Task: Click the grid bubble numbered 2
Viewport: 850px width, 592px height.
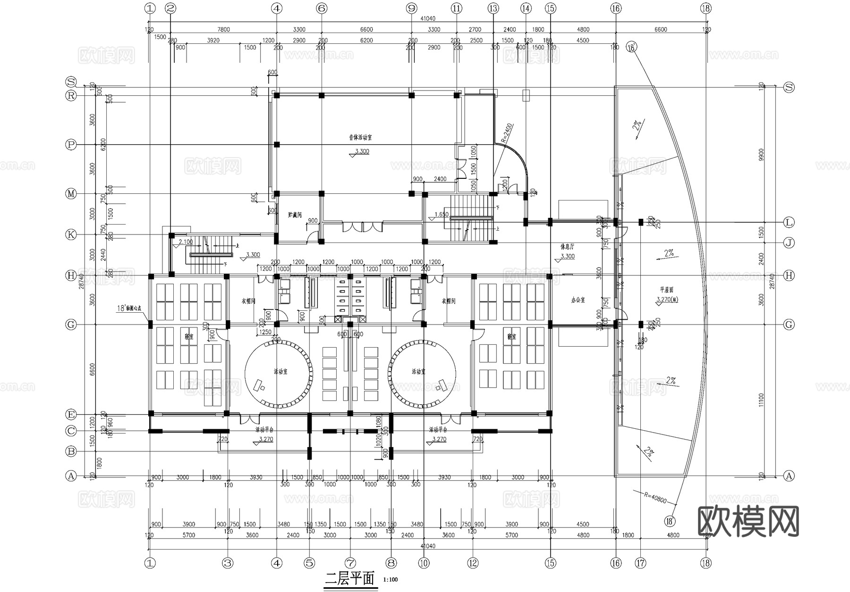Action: coord(171,8)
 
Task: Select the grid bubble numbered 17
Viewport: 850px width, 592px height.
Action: coord(640,563)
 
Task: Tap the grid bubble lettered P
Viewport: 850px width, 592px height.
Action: coord(71,145)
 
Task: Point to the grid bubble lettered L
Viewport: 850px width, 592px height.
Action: coord(789,222)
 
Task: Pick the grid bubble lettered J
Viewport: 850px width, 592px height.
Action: coord(789,243)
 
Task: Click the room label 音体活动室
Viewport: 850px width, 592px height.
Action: coord(360,138)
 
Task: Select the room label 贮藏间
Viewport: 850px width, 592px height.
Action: coord(295,215)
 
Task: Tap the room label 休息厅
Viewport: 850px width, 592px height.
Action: coord(567,247)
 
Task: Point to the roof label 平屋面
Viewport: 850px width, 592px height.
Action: coord(667,290)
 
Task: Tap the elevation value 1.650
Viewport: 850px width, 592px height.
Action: coord(441,215)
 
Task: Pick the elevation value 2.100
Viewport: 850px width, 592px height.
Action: coord(186,242)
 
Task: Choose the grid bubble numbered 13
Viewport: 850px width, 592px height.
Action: coord(493,8)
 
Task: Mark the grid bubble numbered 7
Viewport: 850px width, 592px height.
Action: coord(350,563)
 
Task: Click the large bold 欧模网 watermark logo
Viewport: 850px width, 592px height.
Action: coord(748,521)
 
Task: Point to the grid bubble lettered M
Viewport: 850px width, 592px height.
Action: coord(71,194)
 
